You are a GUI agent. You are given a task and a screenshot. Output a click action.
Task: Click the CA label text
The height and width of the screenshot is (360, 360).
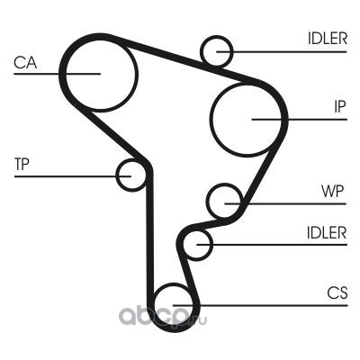[25, 63]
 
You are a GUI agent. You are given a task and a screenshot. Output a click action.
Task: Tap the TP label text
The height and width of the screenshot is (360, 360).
[22, 164]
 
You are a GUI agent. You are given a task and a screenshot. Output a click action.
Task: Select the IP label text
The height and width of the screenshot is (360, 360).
[340, 106]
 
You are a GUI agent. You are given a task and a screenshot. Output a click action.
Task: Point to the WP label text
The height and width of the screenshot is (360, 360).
[332, 191]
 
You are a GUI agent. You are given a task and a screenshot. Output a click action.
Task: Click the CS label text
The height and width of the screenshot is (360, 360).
[337, 292]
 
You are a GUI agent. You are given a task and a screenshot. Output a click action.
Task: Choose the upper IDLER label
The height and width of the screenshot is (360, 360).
[328, 39]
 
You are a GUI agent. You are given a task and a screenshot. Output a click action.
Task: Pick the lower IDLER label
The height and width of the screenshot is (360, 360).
[327, 232]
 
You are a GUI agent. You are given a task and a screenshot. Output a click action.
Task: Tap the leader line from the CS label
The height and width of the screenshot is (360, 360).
[260, 306]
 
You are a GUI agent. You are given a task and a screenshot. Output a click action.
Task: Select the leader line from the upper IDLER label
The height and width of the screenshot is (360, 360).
[282, 52]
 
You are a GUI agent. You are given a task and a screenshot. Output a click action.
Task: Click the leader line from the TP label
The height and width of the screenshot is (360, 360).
[73, 176]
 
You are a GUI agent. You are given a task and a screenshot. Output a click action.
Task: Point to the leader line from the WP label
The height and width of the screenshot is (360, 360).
[285, 203]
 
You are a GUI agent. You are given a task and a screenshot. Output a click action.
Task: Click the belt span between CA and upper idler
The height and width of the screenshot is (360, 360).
[164, 55]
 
